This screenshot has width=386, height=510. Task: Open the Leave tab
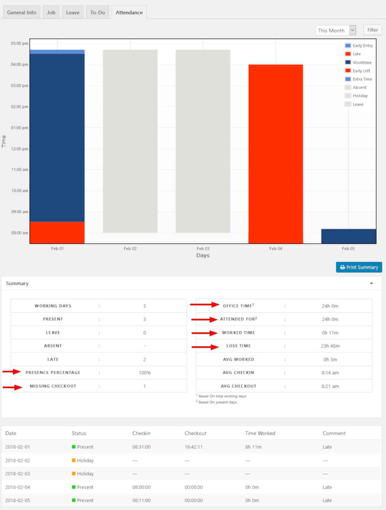click(x=73, y=12)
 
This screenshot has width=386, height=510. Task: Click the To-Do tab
click(x=97, y=12)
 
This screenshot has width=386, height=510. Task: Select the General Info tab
click(x=22, y=12)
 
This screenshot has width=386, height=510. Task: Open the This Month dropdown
click(x=335, y=30)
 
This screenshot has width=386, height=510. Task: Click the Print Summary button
click(x=359, y=267)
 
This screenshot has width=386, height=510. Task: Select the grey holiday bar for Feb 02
click(x=130, y=141)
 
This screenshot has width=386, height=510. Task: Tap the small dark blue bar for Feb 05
click(x=348, y=236)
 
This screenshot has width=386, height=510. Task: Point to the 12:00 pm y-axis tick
click(x=19, y=149)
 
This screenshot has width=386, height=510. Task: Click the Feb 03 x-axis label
click(x=203, y=248)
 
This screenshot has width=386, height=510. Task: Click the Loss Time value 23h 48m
click(x=330, y=346)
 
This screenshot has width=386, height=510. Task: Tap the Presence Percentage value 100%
click(x=145, y=372)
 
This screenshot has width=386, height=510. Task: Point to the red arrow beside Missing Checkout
click(x=12, y=387)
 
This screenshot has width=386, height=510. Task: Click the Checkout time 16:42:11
click(x=193, y=447)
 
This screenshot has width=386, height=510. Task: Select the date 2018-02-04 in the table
click(x=18, y=487)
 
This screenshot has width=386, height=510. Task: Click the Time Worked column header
click(x=260, y=433)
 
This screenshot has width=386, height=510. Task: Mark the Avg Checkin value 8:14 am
click(x=330, y=372)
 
